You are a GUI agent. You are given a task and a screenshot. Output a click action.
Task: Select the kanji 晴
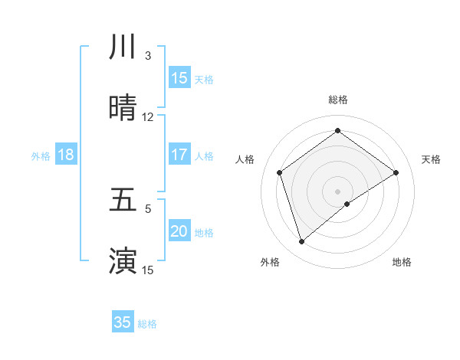pos(123,108)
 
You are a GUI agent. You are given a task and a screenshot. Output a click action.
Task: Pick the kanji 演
pos(123,260)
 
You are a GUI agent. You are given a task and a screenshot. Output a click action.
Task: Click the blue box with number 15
pos(179,78)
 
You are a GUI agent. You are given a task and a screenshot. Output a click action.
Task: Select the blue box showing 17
pos(179,155)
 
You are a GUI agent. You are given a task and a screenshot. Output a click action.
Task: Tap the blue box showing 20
pos(179,231)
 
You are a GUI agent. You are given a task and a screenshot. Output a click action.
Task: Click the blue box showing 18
pos(66,155)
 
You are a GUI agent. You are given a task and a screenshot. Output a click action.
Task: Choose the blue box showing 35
pos(123,322)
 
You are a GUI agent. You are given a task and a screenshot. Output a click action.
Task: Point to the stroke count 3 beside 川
pos(148,56)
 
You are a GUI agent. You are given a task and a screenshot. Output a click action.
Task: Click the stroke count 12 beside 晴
pos(148,117)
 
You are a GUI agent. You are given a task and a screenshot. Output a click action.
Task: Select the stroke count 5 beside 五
pos(148,208)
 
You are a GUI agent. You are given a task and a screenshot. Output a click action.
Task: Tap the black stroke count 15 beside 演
pos(148,270)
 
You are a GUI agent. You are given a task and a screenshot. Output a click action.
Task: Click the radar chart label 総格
pos(338,100)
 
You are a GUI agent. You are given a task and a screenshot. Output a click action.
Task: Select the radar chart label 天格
pos(432,159)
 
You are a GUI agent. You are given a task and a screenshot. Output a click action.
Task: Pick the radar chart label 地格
pos(402,262)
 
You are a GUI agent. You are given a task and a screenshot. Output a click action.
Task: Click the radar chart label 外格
pos(270,262)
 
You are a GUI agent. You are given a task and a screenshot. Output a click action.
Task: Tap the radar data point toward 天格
pos(396,172)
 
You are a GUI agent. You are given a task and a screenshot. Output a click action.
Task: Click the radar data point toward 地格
pos(347,204)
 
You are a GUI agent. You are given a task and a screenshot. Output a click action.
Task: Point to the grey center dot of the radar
pos(338,191)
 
